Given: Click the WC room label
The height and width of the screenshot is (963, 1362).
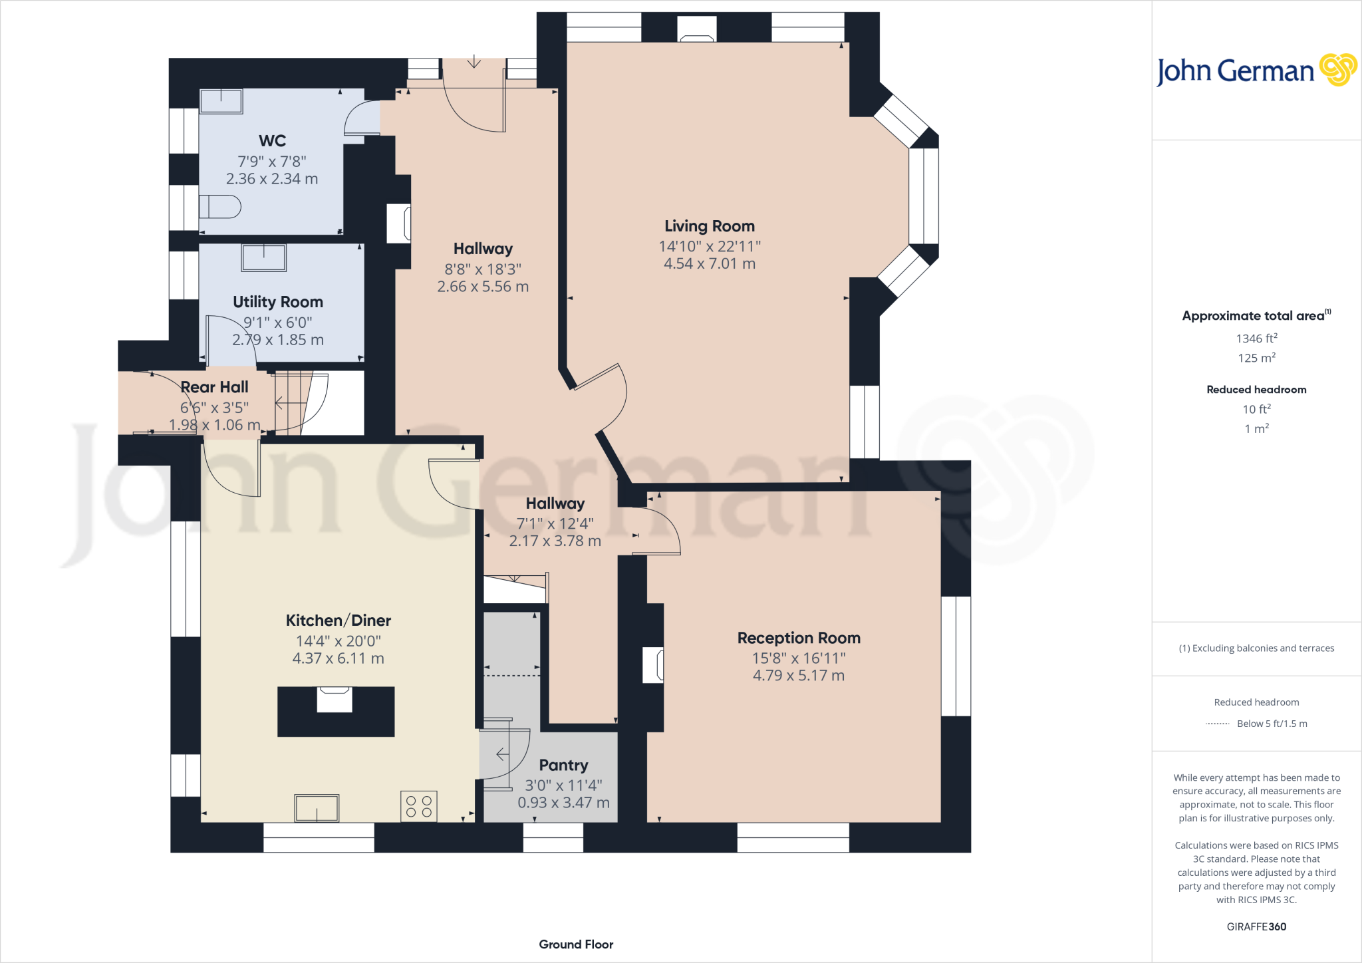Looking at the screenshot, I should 272,141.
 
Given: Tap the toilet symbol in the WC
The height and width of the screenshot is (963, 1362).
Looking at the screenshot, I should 220,207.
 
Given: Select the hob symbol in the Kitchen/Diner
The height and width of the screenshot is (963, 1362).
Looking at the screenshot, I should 419,806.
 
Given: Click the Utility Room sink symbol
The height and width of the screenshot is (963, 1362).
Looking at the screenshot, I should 264,258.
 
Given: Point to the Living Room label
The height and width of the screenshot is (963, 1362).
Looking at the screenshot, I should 709,226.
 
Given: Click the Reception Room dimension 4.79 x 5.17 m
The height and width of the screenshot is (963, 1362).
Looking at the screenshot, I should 798,676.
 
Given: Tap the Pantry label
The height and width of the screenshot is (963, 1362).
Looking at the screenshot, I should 563,765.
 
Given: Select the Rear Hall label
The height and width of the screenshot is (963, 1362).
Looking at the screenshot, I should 214,387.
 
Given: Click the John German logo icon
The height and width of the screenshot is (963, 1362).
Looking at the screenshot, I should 1337,70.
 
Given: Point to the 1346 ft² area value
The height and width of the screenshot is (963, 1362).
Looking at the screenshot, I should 1256,339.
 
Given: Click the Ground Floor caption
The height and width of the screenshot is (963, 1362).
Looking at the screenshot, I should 576,944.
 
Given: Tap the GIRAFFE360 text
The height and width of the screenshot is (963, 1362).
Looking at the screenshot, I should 1256,926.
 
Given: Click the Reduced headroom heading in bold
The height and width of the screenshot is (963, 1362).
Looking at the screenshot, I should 1256,390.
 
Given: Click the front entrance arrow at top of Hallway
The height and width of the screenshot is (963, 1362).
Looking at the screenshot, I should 474,62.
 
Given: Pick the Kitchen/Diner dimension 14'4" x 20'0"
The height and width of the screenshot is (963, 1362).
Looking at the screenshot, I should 338,641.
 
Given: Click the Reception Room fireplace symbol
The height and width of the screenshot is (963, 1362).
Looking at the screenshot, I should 654,665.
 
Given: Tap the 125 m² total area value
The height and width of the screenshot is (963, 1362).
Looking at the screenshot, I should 1256,358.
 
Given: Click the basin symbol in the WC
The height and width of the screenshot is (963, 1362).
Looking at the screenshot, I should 221,102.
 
